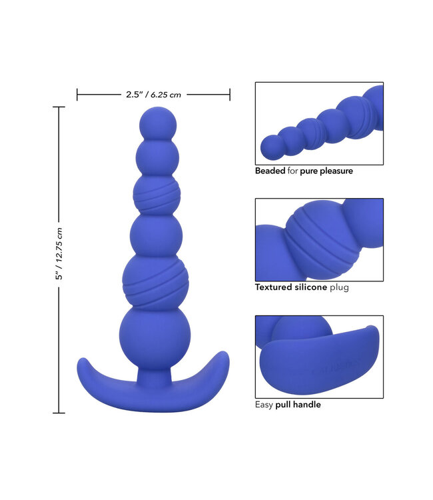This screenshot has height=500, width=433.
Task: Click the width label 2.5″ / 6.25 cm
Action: (153, 95)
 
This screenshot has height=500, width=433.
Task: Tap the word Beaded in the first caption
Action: (270, 171)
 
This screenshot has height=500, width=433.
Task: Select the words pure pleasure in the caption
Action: (326, 171)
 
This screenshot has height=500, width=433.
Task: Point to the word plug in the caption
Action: (339, 287)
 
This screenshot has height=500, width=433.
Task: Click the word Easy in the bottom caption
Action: (264, 404)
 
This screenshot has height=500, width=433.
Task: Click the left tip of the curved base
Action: (82, 364)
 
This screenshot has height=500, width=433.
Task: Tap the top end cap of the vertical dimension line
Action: (59, 107)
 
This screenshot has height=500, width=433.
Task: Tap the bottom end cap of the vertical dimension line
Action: (59, 413)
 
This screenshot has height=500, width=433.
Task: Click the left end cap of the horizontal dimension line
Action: (77, 95)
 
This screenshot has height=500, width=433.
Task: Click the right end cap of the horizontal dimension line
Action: (230, 95)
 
